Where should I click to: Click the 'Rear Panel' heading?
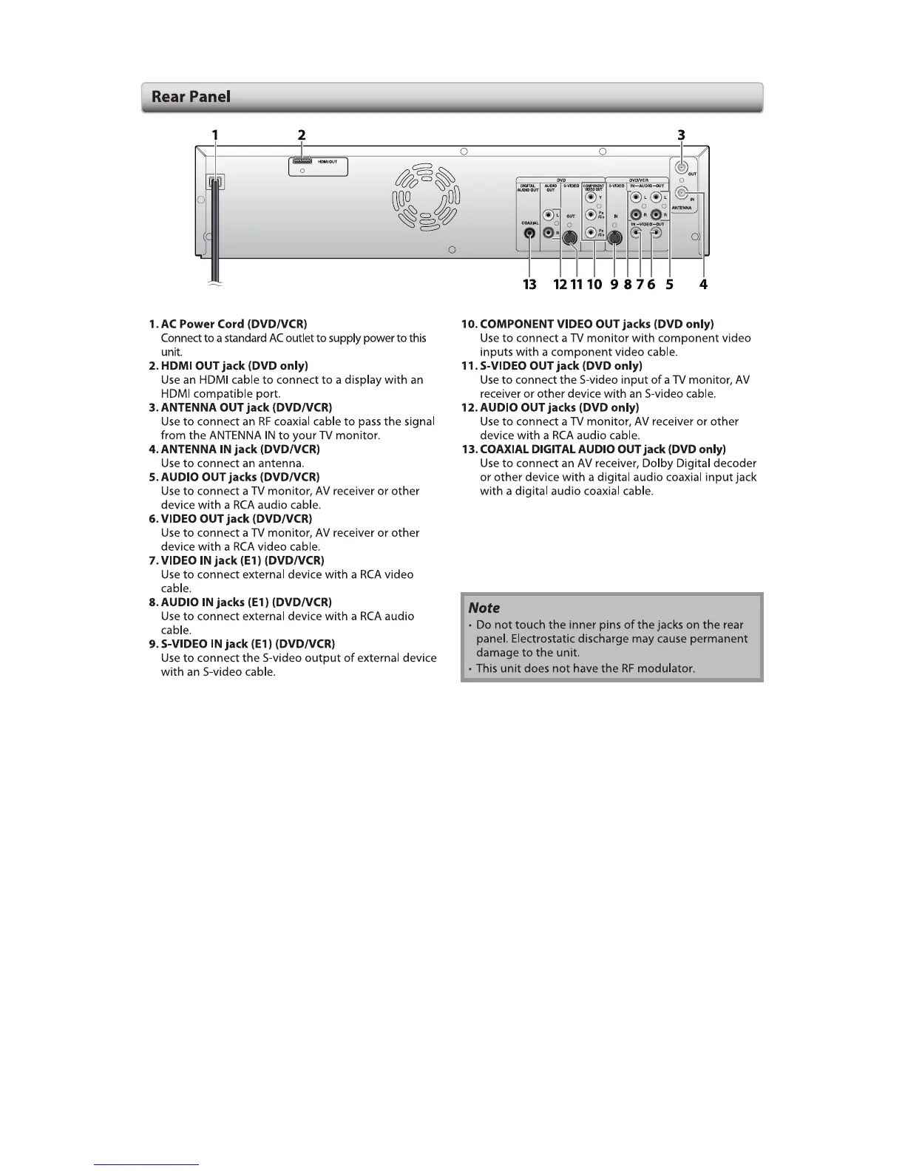click(191, 97)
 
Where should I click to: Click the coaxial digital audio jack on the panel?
click(529, 234)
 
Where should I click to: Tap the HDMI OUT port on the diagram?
click(302, 160)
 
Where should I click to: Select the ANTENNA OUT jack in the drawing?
click(681, 168)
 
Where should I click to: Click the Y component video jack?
click(591, 197)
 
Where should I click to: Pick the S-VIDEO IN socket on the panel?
click(613, 238)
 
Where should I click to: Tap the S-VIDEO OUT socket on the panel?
click(570, 238)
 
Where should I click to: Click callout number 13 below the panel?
click(529, 284)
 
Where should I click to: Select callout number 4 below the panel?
click(703, 284)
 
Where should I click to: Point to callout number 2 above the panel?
click(302, 135)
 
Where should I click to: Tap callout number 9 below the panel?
click(614, 284)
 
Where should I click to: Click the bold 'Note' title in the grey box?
click(484, 608)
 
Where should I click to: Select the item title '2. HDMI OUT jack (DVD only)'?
click(228, 366)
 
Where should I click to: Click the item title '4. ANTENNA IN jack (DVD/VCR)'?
click(234, 449)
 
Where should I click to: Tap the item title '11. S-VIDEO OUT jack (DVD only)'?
click(552, 366)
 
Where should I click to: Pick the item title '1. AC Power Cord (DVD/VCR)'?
click(228, 324)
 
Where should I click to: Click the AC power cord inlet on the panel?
click(214, 181)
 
